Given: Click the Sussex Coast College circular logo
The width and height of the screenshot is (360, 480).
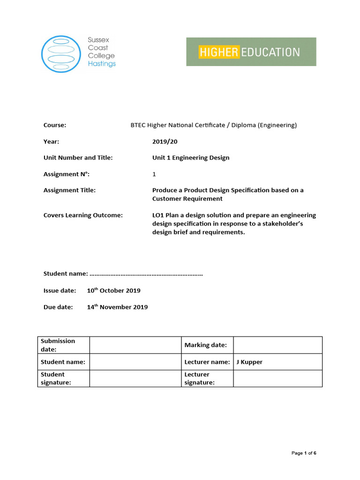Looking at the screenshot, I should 61,54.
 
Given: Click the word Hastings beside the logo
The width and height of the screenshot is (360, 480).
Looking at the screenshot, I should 102,64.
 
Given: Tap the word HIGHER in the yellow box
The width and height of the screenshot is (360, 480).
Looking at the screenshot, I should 218,52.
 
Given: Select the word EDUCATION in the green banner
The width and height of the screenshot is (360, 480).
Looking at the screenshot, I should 270,52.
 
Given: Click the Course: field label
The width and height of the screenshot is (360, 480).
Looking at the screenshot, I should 55,125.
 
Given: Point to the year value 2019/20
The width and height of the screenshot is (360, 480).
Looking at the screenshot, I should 165,142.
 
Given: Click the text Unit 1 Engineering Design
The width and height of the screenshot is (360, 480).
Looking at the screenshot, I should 191,158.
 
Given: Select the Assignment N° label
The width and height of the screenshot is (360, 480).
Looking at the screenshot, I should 66,174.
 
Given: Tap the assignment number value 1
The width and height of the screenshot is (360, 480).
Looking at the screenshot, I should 154,174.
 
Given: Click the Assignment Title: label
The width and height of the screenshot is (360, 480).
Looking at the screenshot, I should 69,190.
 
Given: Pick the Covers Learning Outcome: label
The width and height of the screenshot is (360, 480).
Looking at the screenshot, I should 83,215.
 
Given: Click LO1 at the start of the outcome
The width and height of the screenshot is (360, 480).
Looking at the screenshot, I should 158,215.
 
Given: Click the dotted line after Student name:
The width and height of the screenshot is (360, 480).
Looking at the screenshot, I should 146,274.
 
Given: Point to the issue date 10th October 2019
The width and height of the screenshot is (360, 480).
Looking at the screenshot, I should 113,291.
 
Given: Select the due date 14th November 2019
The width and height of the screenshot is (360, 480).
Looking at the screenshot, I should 117,307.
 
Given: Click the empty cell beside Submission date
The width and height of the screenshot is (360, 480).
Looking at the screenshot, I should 135,345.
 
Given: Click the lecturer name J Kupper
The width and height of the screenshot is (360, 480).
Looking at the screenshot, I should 249,362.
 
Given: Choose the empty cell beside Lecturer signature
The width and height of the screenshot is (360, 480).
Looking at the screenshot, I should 277,378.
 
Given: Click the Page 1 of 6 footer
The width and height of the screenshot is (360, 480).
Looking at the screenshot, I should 304,453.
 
